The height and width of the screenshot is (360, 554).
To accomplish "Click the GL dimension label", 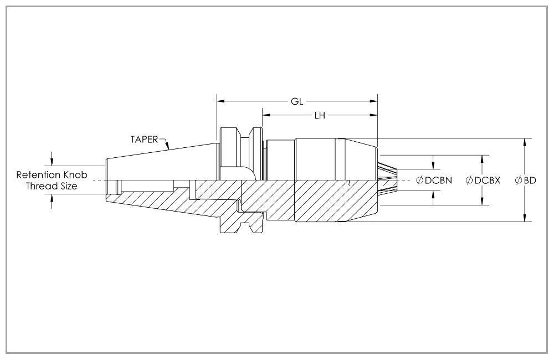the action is pyautogui.click(x=297, y=101).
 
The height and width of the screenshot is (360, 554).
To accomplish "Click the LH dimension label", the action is pyautogui.click(x=320, y=116).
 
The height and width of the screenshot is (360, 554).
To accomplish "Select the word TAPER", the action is pyautogui.click(x=144, y=140).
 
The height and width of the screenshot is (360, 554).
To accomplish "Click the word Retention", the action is pyautogui.click(x=38, y=175).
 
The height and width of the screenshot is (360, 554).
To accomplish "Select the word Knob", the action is pyautogui.click(x=75, y=175).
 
